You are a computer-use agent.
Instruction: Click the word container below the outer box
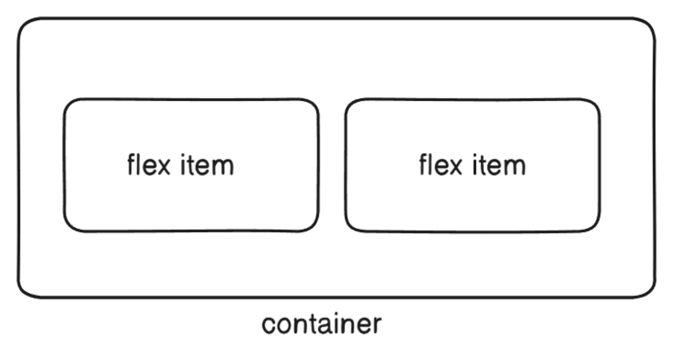pos(322,324)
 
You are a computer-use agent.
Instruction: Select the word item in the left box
pos(207,164)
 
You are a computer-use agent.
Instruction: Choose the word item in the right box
pos(499,164)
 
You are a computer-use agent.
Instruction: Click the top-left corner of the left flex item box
pos(70,104)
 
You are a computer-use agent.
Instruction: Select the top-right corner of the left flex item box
pos(313,104)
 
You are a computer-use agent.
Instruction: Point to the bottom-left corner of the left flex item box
pos(70,225)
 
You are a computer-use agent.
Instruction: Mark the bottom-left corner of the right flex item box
pos(351,225)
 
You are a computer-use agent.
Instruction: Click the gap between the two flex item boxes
pos(332,165)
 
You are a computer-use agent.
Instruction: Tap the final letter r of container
pos(378,325)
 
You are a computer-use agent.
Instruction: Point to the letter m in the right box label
pos(515,166)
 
